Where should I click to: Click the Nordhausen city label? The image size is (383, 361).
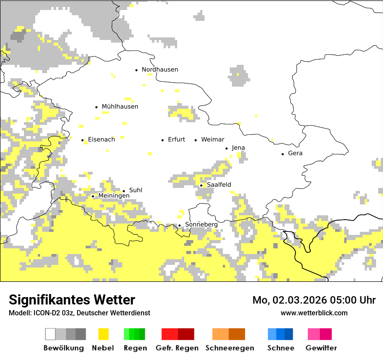[160, 70]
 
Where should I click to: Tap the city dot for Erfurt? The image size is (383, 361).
[163, 140]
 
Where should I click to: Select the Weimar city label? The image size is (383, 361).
[212, 140]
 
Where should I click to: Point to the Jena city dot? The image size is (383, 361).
[227, 148]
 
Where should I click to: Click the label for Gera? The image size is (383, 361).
[295, 153]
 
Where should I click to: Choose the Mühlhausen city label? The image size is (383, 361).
[120, 107]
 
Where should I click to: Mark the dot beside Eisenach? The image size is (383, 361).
[83, 140]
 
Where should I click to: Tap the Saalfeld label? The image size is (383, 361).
[219, 185]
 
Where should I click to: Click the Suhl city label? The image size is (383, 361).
[136, 191]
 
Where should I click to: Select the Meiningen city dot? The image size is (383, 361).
[93, 197]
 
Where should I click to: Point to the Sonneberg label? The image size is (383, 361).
[201, 224]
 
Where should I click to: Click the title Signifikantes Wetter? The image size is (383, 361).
[72, 300]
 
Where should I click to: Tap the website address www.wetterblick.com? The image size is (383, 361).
[314, 313]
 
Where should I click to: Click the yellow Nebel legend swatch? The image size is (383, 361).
[104, 334]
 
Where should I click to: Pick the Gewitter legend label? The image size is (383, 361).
[321, 348]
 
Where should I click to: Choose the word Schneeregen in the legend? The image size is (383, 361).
[229, 348]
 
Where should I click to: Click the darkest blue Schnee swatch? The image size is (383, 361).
[289, 334]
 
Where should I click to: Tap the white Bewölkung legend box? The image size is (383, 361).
[50, 334]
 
